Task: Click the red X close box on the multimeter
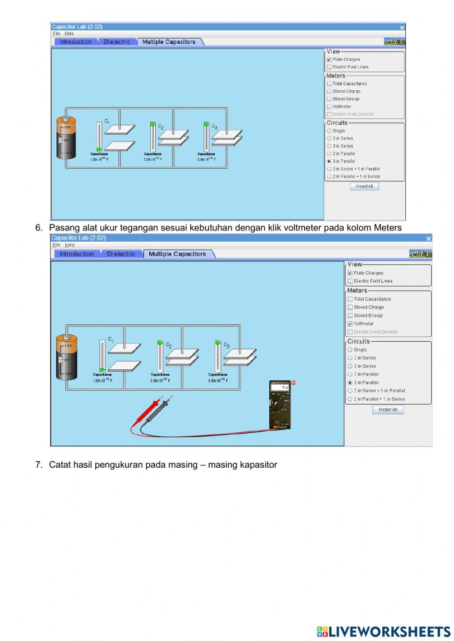tap(293, 382)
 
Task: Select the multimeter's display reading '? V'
tap(280, 388)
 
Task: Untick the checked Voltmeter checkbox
tap(350, 324)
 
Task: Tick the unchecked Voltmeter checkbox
tap(329, 107)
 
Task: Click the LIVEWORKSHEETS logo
tap(384, 631)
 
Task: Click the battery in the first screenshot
tap(66, 138)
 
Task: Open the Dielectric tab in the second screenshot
tap(121, 254)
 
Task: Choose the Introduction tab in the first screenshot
tap(75, 42)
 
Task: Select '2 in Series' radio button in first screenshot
tap(329, 138)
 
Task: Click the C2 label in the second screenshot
tap(169, 345)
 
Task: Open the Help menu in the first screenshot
tap(69, 34)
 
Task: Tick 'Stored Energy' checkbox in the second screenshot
tap(350, 316)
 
